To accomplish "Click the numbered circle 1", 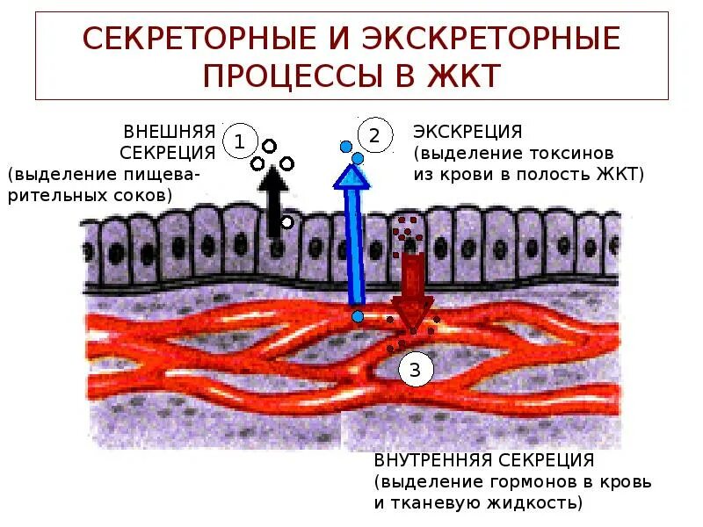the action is point(240,141).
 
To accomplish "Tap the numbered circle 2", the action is point(373,135).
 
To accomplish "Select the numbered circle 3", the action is point(416,370).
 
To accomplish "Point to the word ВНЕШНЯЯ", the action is point(170,132).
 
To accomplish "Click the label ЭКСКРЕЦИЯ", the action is point(467,132).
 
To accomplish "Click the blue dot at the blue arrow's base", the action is point(357,315).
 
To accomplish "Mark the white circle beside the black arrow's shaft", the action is point(287,223).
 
